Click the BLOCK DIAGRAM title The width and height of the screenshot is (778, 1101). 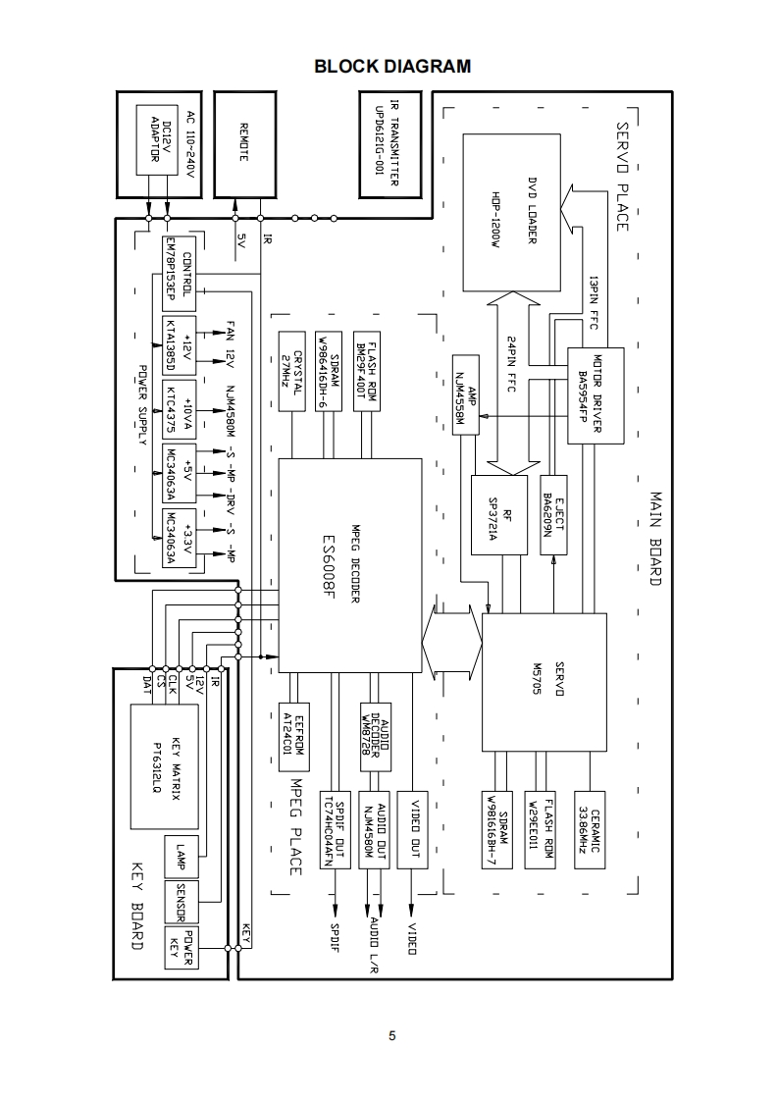392,67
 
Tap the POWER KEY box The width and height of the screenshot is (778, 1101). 180,946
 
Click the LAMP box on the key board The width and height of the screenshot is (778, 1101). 180,858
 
